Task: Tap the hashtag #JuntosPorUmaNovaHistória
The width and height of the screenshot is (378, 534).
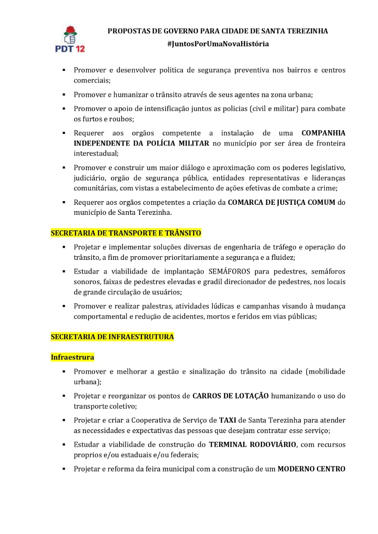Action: click(x=218, y=44)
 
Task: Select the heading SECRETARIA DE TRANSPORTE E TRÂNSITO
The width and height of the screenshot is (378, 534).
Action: click(x=126, y=233)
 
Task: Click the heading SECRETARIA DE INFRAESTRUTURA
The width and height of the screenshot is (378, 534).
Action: click(x=112, y=337)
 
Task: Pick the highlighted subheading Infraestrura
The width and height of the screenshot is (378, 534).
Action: click(x=72, y=358)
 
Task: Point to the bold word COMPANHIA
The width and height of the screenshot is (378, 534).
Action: click(x=323, y=133)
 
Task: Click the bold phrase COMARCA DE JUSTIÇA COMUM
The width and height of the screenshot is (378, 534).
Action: click(x=282, y=202)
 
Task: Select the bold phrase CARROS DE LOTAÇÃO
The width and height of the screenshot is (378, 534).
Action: click(x=231, y=396)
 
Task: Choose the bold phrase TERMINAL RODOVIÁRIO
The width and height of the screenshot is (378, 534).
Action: click(x=253, y=444)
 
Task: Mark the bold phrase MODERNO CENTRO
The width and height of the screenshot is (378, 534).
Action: click(x=311, y=469)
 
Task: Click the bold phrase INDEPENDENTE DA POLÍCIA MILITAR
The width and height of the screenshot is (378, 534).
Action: click(x=141, y=143)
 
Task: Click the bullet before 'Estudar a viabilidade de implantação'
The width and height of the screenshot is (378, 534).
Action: click(x=64, y=272)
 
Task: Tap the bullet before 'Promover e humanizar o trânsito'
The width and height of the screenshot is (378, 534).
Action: click(x=64, y=95)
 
